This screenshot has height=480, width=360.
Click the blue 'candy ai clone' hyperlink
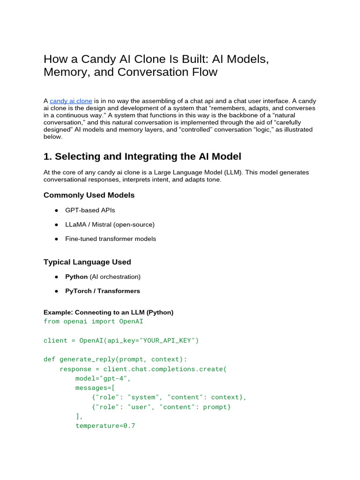coord(71,101)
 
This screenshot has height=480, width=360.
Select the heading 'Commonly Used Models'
coord(89,195)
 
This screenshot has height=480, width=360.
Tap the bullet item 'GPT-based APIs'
coord(90,210)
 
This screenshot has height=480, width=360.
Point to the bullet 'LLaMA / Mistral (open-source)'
coord(110,225)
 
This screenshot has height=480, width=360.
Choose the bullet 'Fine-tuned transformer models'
coord(111,239)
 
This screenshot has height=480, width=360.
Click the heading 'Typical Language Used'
coord(87,262)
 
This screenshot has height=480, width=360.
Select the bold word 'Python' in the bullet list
coord(76,277)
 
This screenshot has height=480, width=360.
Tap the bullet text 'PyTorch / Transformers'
coord(103,291)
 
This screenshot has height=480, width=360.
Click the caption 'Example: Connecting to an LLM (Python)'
coord(108,312)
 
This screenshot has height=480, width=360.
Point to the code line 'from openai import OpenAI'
coord(93,322)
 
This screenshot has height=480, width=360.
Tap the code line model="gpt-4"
coord(103,378)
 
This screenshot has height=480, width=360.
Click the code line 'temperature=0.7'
coord(105,426)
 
